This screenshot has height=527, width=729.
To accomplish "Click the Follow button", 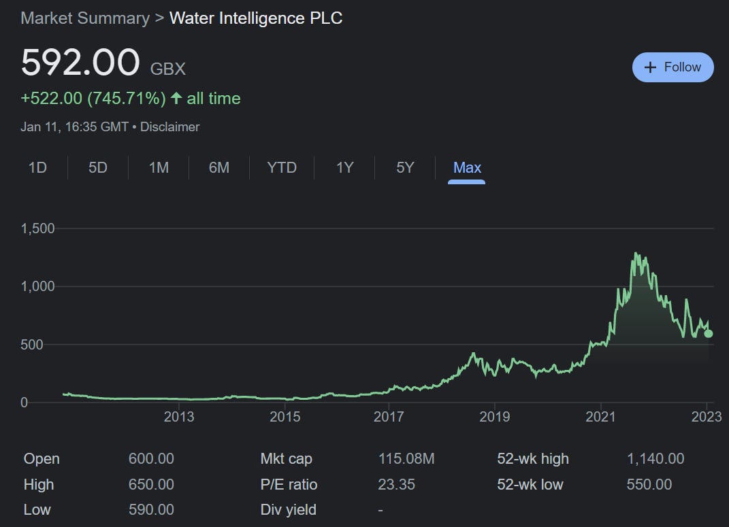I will click(x=673, y=67).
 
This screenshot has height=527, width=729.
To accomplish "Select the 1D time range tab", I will click(x=37, y=167).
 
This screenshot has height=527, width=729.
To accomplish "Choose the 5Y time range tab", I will click(x=405, y=167).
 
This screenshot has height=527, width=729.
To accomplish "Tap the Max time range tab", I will click(x=467, y=167).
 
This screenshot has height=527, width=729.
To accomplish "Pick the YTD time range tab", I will click(x=282, y=167).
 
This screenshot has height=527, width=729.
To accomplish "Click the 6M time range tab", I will click(x=218, y=167).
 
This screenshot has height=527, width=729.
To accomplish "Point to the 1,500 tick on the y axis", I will click(x=37, y=228).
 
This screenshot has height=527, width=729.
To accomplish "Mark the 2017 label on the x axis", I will click(x=389, y=416).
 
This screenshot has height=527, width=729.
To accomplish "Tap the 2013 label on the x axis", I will click(x=180, y=416).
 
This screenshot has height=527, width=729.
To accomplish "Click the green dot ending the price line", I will click(x=709, y=333).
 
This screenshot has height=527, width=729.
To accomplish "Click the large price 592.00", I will click(x=80, y=63).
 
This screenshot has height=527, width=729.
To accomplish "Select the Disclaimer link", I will click(x=169, y=126).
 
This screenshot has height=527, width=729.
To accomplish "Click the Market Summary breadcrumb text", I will click(x=85, y=18).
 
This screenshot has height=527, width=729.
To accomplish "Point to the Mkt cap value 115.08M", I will click(x=406, y=459).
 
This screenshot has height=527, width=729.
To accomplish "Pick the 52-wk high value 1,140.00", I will click(x=655, y=459).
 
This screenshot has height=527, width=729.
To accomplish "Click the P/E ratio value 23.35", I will click(x=396, y=485).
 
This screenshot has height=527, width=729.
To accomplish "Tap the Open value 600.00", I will click(x=151, y=459).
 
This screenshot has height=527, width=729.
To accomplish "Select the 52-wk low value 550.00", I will click(x=649, y=485).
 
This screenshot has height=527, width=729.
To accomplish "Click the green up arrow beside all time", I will click(x=176, y=99).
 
